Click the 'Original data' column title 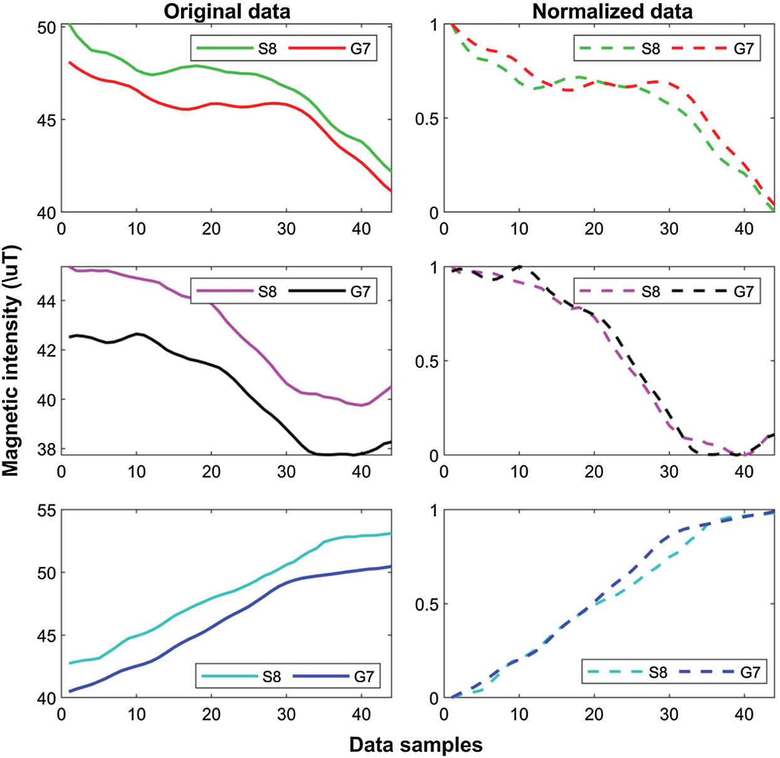(227, 11)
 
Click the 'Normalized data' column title (612, 11)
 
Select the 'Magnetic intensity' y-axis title (11, 361)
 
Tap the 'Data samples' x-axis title (416, 745)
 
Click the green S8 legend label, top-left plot (268, 49)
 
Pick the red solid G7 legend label (360, 49)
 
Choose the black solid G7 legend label (360, 291)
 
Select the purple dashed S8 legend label (651, 291)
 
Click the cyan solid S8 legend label (271, 677)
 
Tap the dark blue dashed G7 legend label (750, 673)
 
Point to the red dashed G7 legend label (744, 49)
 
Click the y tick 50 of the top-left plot (46, 28)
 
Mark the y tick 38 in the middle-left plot (46, 450)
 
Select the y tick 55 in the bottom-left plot (46, 511)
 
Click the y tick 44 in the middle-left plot (46, 301)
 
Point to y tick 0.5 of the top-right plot (427, 119)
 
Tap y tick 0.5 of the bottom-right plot (427, 605)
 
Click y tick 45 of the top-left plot (46, 120)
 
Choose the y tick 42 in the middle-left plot (46, 351)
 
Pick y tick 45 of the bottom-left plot (46, 636)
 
